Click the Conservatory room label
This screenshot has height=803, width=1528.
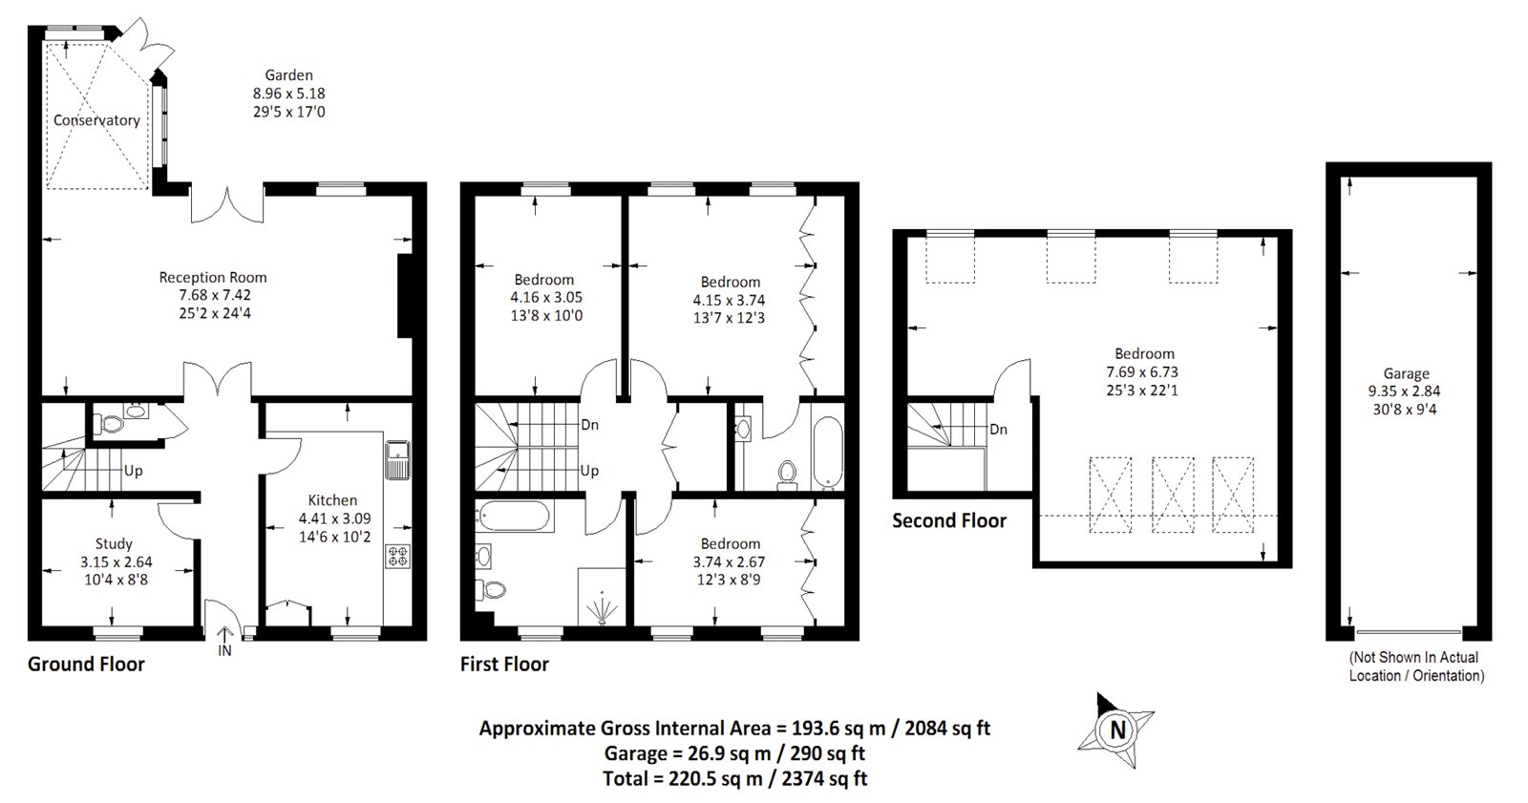(96, 120)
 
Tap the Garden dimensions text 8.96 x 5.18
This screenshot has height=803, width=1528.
(288, 94)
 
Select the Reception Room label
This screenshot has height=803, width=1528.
(213, 277)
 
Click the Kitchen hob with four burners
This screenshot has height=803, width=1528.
(396, 556)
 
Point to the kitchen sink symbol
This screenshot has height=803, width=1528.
(396, 459)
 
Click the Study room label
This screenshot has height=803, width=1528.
(114, 543)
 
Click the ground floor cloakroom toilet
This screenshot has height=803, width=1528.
(111, 423)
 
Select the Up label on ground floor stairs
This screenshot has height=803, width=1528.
(134, 471)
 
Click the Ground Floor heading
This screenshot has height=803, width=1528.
(86, 664)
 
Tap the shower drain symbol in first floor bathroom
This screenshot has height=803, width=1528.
(603, 608)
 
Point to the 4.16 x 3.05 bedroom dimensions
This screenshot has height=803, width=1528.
(544, 297)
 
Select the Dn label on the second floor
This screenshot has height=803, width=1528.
(998, 430)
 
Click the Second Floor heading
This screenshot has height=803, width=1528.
(948, 520)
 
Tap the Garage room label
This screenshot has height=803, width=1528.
(1406, 373)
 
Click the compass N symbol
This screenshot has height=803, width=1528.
(1114, 730)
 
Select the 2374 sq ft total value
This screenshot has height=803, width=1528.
(823, 778)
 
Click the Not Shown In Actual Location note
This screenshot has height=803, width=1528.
(1415, 666)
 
